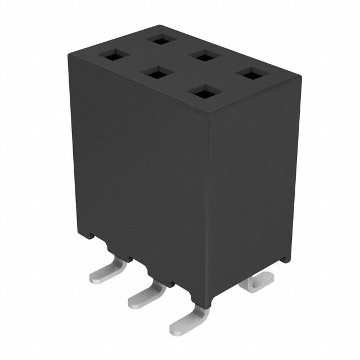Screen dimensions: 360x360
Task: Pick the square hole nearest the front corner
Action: pyautogui.click(x=205, y=91)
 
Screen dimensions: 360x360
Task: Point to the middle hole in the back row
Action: pyautogui.click(x=205, y=56)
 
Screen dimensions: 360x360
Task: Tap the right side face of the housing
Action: pyautogui.click(x=253, y=186)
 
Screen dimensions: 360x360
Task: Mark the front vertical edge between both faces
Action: pyautogui.click(x=208, y=208)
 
